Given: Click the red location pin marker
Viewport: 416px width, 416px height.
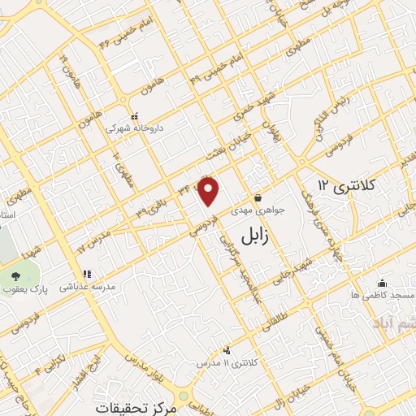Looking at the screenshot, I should tap(210, 191).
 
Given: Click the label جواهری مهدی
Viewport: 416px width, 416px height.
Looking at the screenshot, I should tap(258, 210).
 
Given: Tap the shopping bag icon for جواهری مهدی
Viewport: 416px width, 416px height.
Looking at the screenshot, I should tap(258, 197).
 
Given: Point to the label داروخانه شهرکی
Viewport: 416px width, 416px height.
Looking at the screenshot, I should tap(134, 128).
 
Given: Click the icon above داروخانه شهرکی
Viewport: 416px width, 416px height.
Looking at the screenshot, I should tap(134, 116).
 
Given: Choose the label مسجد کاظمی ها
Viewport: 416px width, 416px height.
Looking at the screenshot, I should tap(383, 295).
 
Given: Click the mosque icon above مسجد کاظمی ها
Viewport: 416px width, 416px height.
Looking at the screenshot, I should tap(382, 283).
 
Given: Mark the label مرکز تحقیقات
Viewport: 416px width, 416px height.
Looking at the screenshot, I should tap(134, 405).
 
